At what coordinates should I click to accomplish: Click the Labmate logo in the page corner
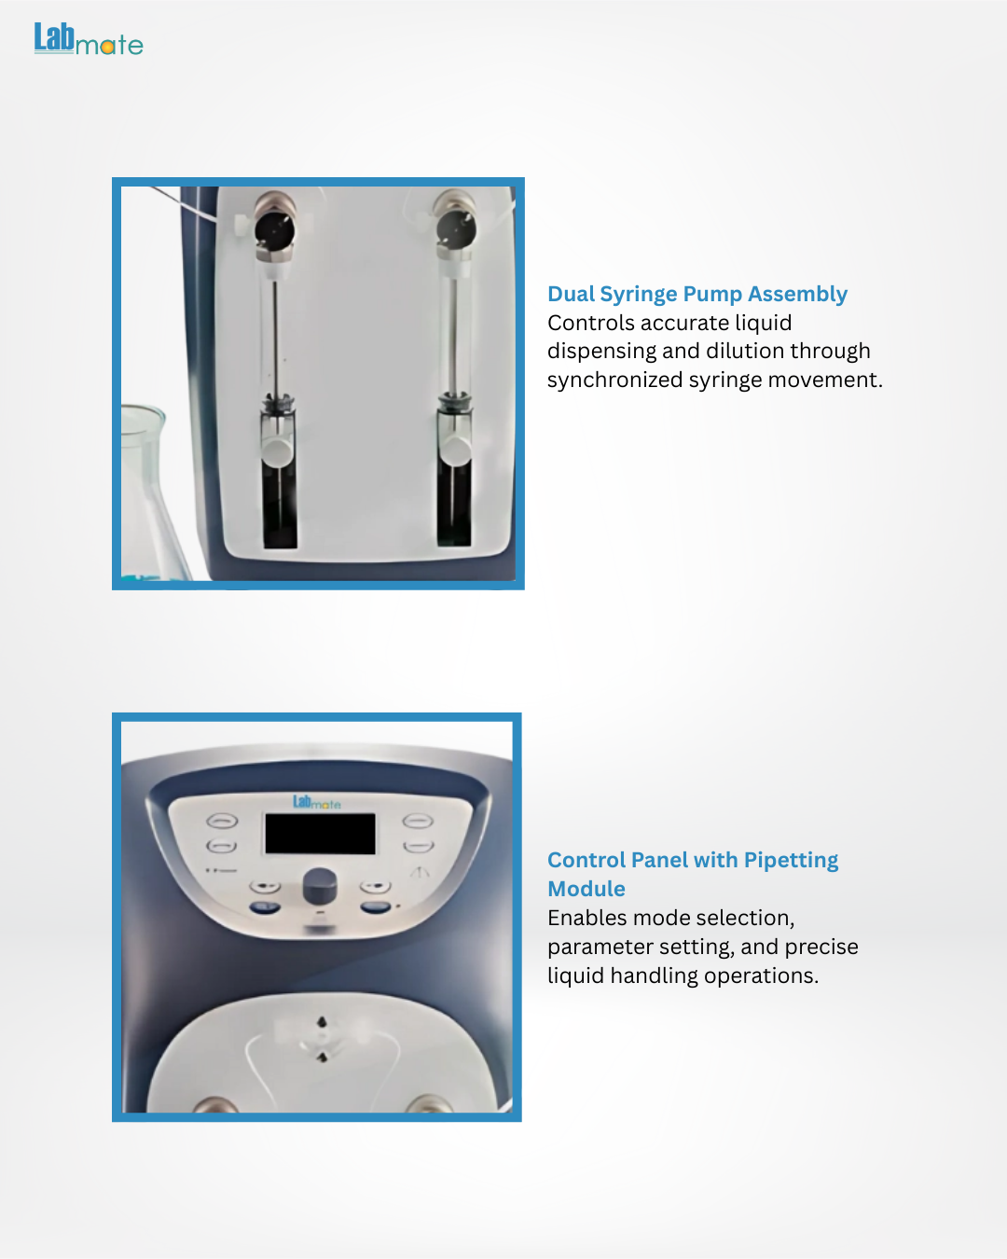(x=89, y=39)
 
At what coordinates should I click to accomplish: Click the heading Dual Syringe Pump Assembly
(x=697, y=294)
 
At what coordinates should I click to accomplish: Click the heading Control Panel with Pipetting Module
(x=693, y=874)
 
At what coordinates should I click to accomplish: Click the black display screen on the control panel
(x=320, y=833)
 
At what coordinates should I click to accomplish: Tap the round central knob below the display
(x=320, y=886)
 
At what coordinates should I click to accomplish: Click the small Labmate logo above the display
(x=317, y=802)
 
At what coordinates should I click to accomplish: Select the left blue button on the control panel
(x=265, y=908)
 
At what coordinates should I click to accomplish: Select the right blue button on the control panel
(x=375, y=908)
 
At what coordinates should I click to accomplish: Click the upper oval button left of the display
(x=222, y=822)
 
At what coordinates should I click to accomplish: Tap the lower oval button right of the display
(x=418, y=847)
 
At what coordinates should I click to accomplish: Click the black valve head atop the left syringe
(x=274, y=228)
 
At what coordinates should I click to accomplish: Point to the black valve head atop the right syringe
(x=456, y=228)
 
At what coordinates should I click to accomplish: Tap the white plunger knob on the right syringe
(x=455, y=451)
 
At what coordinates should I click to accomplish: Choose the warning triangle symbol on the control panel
(x=420, y=873)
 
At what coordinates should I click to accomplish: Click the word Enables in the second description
(x=590, y=918)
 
